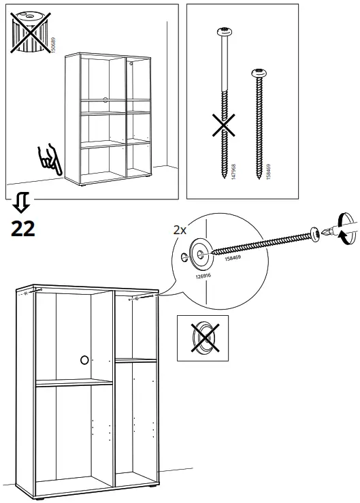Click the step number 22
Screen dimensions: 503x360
(x=23, y=228)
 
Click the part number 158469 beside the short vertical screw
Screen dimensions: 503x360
(x=268, y=171)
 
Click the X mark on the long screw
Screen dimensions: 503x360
(x=224, y=126)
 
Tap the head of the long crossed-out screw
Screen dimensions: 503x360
(x=224, y=31)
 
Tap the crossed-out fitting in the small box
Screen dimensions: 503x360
(x=202, y=338)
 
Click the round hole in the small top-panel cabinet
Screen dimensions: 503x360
(x=105, y=99)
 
